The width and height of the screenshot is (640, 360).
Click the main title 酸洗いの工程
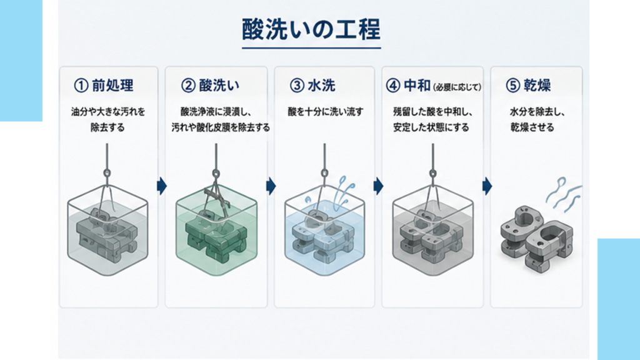[311, 29]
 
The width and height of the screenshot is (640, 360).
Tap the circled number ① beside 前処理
[81, 85]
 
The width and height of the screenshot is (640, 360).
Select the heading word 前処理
[112, 85]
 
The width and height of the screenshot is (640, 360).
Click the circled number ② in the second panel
[188, 85]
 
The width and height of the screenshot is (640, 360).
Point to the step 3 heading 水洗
[321, 85]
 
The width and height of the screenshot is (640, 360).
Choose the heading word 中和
[417, 85]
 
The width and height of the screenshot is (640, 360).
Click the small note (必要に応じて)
[457, 87]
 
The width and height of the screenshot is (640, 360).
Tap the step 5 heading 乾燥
[537, 85]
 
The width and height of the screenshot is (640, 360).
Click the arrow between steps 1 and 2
[162, 186]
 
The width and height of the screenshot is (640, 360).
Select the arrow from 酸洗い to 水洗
[271, 186]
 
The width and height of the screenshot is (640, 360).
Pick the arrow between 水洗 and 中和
[378, 186]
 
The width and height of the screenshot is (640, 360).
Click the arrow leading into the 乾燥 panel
[487, 186]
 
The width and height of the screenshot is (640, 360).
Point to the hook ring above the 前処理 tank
[107, 173]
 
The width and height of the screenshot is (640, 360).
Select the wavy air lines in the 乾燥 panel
[563, 195]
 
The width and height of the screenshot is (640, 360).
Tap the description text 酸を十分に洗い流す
[325, 111]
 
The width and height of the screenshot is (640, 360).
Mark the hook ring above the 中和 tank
[432, 173]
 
